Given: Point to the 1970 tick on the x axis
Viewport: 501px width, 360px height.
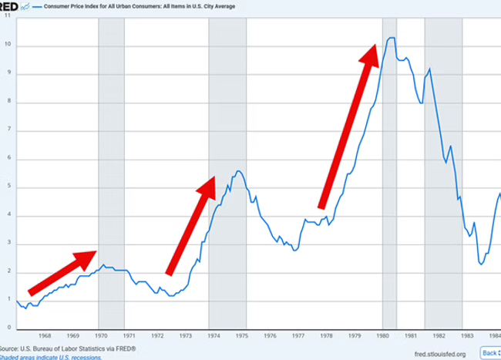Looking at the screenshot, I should pyautogui.click(x=100, y=337).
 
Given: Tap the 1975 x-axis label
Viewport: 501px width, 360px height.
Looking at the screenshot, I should pyautogui.click(x=240, y=337).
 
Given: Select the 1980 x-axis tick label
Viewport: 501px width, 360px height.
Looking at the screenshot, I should pyautogui.click(x=382, y=337).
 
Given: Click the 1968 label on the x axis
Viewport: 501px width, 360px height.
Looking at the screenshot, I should pyautogui.click(x=44, y=337).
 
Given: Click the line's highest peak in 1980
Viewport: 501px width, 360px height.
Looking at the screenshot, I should pyautogui.click(x=391, y=38).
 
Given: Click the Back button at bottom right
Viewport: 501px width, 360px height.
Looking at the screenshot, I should pyautogui.click(x=489, y=352).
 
